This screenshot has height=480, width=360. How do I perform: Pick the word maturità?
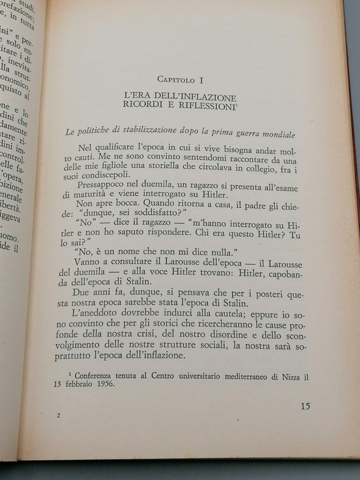[100, 197]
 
